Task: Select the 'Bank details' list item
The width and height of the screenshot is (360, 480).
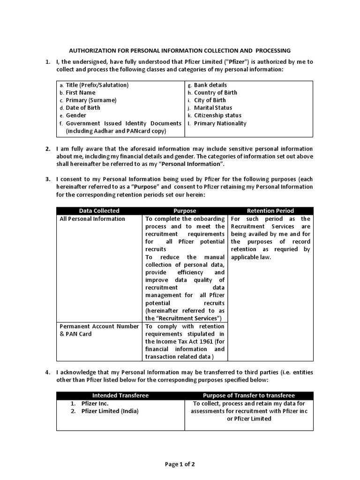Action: tap(210, 85)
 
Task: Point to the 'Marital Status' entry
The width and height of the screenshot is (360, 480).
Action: tap(213, 108)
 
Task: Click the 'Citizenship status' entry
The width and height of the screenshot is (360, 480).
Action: tap(217, 115)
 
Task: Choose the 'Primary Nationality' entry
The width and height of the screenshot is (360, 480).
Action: tap(220, 123)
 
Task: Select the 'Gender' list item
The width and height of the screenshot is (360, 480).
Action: tap(76, 115)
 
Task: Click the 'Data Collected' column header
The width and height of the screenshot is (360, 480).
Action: tap(99, 211)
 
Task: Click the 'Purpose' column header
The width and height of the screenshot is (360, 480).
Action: tap(185, 211)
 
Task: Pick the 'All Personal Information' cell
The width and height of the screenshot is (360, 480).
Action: tap(92, 219)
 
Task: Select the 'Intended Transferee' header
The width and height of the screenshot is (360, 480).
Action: tap(120, 396)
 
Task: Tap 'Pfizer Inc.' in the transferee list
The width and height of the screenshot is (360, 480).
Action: tap(95, 404)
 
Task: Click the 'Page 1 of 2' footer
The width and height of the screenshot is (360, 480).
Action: tap(180, 465)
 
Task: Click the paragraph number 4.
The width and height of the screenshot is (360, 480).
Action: tap(47, 372)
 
